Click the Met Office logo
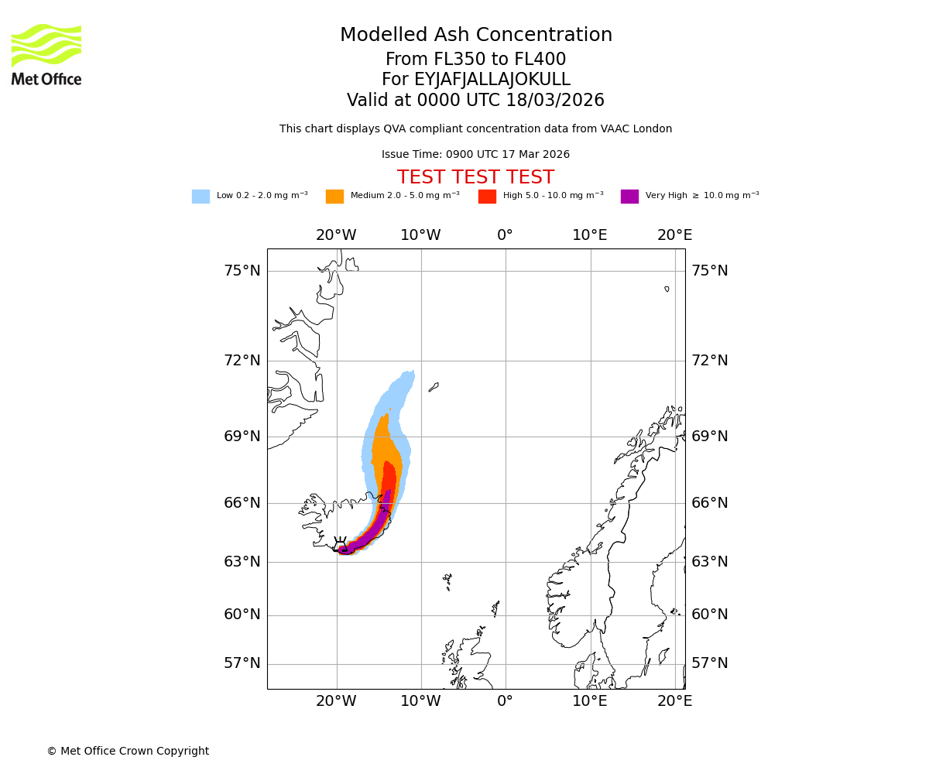tap(46, 54)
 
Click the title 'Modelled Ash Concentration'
tap(476, 36)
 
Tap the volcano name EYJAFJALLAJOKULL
tap(476, 80)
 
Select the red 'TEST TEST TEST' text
tap(476, 178)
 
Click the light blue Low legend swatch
tap(201, 197)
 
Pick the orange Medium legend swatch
tap(334, 197)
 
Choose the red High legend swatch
tap(487, 197)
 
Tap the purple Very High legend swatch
tap(629, 197)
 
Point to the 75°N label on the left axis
tap(242, 271)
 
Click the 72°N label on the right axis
tap(710, 361)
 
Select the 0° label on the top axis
tap(506, 235)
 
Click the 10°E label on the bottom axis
tap(590, 701)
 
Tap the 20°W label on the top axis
tap(336, 235)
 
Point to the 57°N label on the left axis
tap(242, 663)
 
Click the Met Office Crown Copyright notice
tap(128, 752)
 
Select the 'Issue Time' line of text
tap(476, 155)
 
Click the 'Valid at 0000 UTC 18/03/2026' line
tap(476, 101)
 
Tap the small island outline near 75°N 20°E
tap(667, 289)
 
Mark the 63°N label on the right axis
tap(710, 562)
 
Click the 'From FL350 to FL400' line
tap(476, 60)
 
